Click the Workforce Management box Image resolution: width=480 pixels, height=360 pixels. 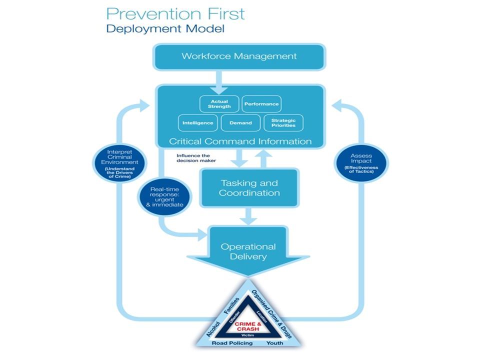pos(239,56)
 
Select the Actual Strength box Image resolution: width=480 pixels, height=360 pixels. pos(219,104)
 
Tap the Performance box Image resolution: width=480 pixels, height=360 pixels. pos(261,104)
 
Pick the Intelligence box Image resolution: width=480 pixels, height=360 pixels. pos(198,122)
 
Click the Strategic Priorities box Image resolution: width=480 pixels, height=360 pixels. pos(283,122)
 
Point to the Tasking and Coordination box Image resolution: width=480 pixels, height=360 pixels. pos(249,187)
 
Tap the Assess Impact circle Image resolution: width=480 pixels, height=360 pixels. pos(361,163)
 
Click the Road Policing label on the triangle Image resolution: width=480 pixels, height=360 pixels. pos(232,343)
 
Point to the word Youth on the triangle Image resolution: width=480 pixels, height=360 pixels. pos(275,343)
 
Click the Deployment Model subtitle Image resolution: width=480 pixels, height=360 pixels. pos(165,28)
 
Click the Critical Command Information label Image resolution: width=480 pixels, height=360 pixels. pos(240,141)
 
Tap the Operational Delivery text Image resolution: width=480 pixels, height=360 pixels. pos(248,251)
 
